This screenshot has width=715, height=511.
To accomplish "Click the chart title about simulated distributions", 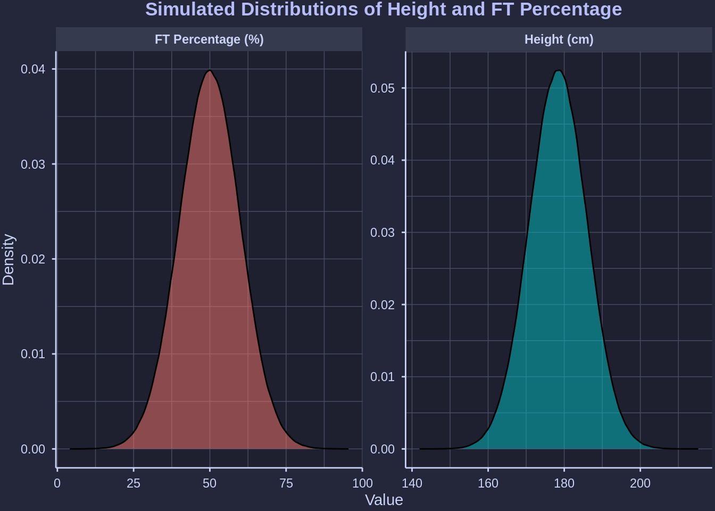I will [383, 10].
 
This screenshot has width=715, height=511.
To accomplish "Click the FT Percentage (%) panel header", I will [209, 39].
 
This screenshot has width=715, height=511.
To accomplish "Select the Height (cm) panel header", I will [559, 39].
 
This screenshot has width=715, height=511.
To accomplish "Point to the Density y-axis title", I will [9, 260].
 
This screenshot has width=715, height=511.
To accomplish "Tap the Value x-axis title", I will [384, 500].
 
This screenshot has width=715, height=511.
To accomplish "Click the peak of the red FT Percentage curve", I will [210, 71].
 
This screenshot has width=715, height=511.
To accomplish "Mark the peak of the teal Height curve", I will [558, 70].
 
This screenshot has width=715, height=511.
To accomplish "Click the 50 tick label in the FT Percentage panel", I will [210, 483].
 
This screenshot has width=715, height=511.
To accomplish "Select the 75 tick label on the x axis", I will [286, 483].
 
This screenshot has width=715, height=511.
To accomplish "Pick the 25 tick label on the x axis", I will [134, 483].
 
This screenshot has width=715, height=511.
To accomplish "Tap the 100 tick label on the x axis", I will [362, 483].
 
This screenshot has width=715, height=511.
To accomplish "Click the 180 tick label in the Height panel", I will [564, 483].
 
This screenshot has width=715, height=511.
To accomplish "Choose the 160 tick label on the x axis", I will [488, 483].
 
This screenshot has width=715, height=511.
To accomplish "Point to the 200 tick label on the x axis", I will [640, 483].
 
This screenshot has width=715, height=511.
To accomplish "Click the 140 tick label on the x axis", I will [412, 483].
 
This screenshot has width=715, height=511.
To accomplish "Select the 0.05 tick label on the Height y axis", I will [383, 88].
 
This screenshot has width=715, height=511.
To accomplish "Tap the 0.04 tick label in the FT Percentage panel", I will [33, 69].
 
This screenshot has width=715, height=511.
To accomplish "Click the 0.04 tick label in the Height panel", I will [383, 160].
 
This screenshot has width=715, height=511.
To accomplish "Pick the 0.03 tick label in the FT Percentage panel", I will [33, 164].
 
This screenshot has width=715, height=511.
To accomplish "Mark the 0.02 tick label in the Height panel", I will [383, 304].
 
